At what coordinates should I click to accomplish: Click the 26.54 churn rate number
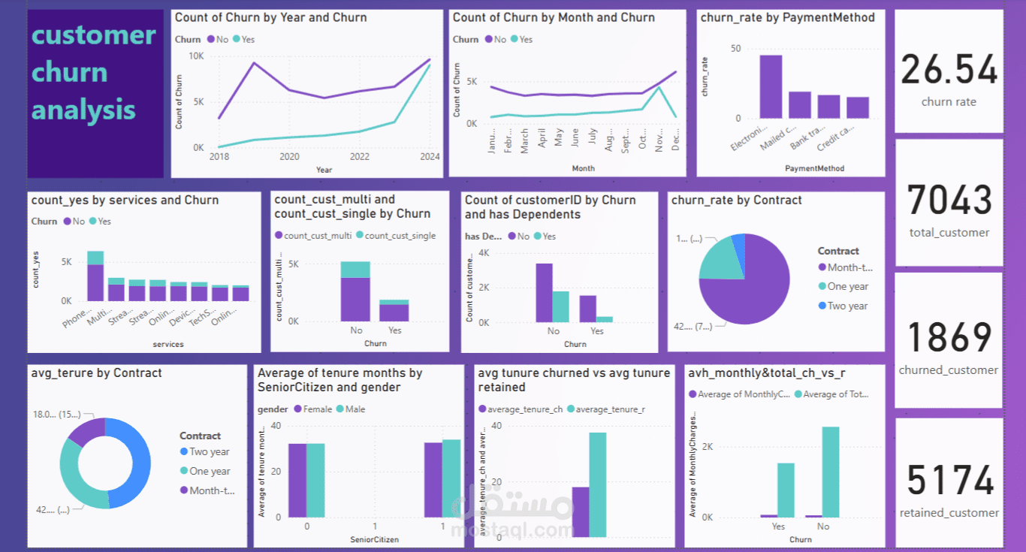[949, 70]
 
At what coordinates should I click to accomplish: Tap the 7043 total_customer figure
[949, 201]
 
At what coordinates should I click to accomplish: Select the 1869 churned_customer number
[949, 338]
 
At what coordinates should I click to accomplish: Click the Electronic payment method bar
[771, 87]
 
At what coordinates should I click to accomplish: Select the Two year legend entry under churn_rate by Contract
[847, 306]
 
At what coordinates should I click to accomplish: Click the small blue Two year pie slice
[739, 242]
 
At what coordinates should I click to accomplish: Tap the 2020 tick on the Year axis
[289, 157]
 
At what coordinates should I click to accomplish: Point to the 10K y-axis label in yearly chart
[195, 56]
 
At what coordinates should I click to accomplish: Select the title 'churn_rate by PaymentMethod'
[787, 17]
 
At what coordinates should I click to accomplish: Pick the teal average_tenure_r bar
[597, 484]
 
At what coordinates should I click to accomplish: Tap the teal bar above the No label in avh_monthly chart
[830, 472]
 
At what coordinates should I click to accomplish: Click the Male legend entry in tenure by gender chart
[355, 409]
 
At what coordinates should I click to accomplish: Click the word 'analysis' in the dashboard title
[83, 110]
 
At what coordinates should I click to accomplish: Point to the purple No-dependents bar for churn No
[544, 293]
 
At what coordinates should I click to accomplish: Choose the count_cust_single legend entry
[400, 236]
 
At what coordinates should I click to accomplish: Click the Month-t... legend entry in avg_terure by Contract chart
[212, 490]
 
